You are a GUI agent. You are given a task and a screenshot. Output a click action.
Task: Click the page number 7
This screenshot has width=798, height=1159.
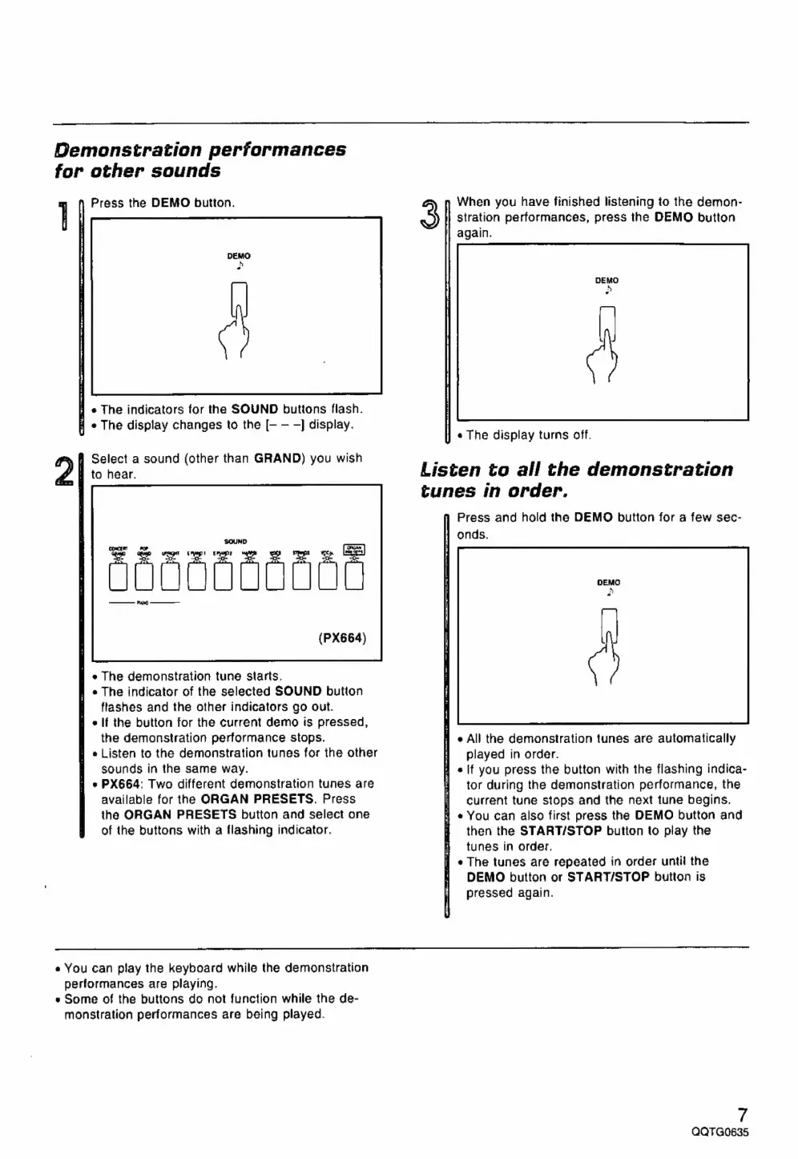coord(743,1114)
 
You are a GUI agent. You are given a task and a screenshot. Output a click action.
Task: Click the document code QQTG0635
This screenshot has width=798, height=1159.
coord(719,1133)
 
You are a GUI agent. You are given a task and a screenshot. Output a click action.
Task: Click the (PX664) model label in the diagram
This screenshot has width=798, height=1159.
coord(342,638)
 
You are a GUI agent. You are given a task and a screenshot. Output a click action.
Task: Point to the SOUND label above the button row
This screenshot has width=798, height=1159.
coord(236,542)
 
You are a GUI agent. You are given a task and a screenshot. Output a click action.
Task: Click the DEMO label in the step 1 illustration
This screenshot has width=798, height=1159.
coord(238,256)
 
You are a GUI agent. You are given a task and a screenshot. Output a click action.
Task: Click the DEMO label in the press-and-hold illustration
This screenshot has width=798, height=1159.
coord(608,583)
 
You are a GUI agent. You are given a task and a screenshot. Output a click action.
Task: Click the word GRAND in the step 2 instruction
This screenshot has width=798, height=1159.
coord(276,459)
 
